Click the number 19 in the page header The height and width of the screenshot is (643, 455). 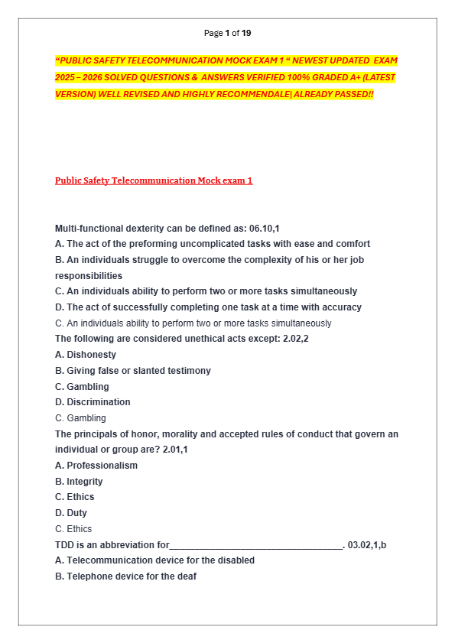[246, 33]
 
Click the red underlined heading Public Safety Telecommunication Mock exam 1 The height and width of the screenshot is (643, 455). [154, 180]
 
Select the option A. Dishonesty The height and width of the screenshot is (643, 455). [86, 355]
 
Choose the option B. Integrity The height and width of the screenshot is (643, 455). [79, 482]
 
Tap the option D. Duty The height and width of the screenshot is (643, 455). [71, 513]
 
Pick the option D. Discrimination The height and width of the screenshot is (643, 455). [93, 402]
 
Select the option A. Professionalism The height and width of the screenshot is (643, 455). [96, 466]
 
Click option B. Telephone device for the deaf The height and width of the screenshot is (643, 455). [125, 576]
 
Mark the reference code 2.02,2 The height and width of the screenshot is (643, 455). [294, 339]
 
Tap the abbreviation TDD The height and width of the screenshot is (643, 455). [64, 545]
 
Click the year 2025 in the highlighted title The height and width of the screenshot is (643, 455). [65, 77]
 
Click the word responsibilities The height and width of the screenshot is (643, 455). [89, 276]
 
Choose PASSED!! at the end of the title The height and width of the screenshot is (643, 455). [354, 94]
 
